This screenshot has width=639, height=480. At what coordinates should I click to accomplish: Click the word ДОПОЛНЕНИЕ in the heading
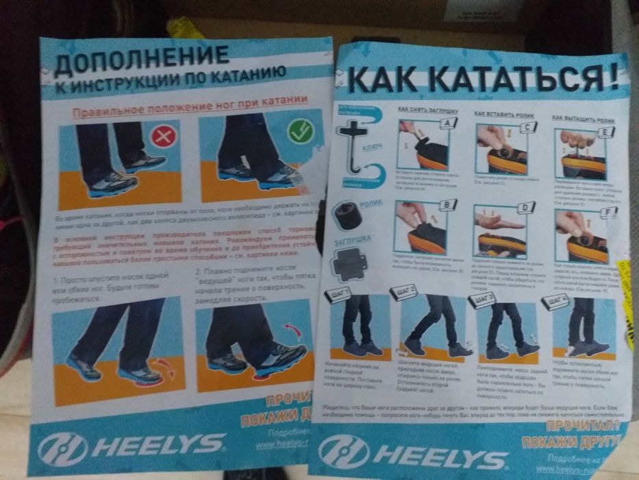(141, 60)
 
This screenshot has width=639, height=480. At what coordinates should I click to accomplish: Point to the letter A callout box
(449, 123)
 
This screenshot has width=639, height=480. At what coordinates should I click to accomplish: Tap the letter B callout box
(448, 204)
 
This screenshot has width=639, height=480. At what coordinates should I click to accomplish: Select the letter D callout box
(525, 207)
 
